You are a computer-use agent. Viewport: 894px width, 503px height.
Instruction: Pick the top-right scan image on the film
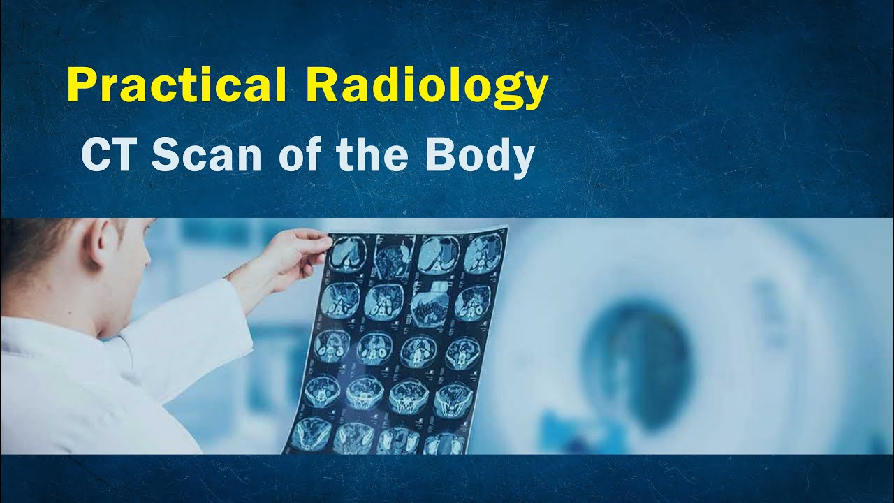483,253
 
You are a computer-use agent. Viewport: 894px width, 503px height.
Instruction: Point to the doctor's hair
42,241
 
